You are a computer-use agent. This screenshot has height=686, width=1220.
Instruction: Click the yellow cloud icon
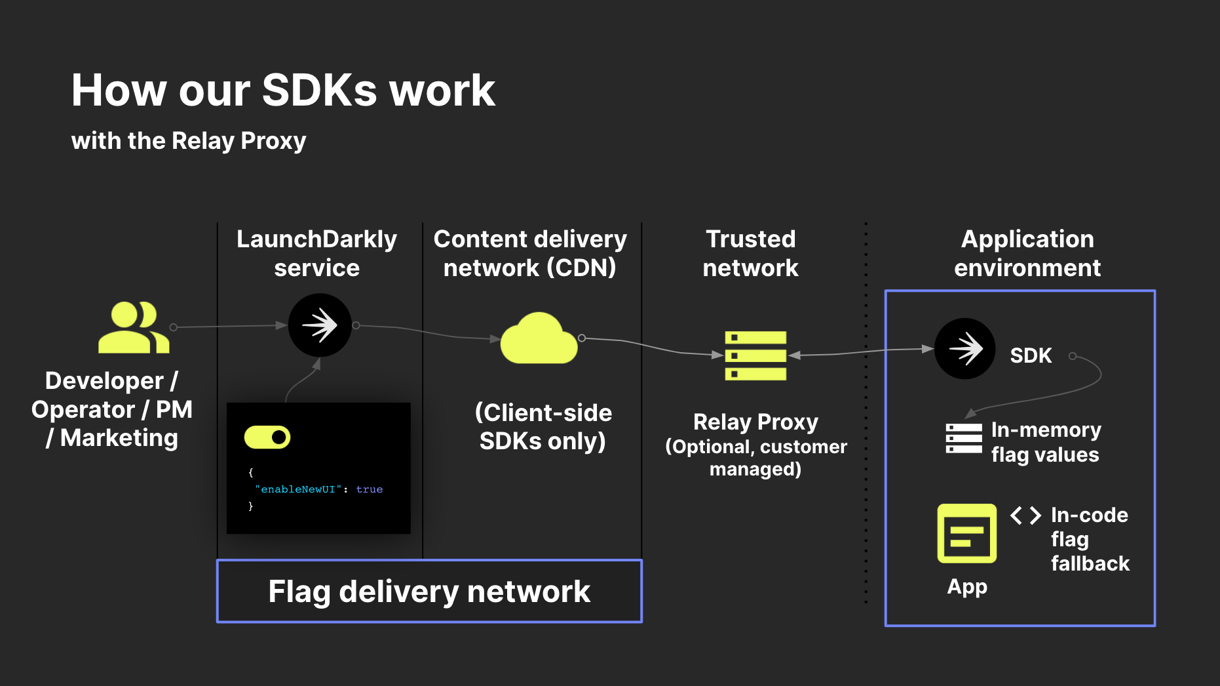[x=539, y=340]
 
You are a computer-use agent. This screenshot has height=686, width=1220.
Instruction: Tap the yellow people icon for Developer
[x=134, y=328]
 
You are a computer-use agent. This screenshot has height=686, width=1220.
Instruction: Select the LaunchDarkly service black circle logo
[x=320, y=325]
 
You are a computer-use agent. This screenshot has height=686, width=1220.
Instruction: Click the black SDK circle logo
[x=964, y=348]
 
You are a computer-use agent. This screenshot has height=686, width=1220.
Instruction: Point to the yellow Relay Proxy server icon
[x=755, y=355]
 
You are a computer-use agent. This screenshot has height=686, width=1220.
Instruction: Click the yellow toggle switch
[x=267, y=437]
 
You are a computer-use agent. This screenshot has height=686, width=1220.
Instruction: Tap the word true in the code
[x=369, y=489]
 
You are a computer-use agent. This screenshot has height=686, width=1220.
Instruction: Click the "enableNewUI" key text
[x=298, y=489]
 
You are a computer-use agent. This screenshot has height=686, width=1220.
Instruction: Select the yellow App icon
[x=966, y=533]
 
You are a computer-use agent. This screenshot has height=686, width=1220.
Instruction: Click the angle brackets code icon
[x=1025, y=515]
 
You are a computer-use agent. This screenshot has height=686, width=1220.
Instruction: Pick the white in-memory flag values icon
[x=963, y=438]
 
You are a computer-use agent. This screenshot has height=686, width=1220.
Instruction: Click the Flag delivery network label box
[x=429, y=591]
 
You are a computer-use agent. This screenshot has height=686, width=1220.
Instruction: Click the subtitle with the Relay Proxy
[x=189, y=140]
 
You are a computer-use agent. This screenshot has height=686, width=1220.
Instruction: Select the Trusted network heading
[x=750, y=253]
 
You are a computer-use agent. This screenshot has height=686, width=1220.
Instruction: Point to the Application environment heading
[x=1027, y=253]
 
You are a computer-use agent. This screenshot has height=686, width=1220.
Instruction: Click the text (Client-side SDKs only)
[x=543, y=426]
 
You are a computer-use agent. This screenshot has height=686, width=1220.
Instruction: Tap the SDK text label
[x=1031, y=355]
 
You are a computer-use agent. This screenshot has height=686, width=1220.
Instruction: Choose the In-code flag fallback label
[x=1090, y=539]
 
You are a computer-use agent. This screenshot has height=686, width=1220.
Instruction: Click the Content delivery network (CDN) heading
[x=530, y=253]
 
